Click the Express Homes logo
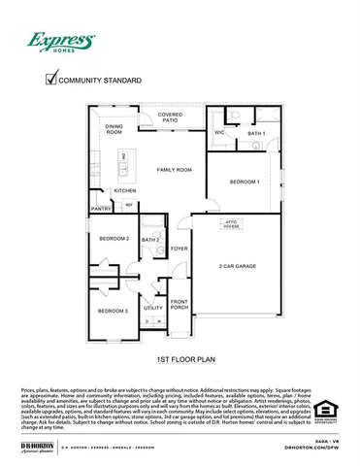(59, 42)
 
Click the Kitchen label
(125, 190)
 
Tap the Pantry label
(101, 208)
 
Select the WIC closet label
(219, 132)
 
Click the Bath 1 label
(256, 133)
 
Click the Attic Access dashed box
(232, 225)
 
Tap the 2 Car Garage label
(237, 265)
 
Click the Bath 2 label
(150, 240)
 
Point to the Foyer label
(180, 250)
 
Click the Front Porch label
(180, 305)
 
